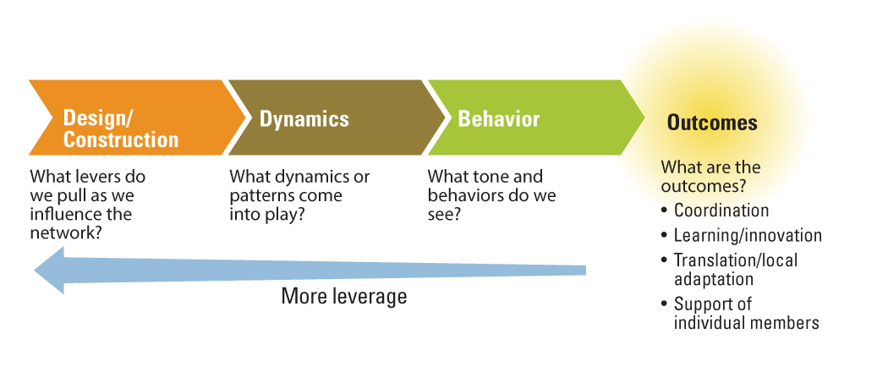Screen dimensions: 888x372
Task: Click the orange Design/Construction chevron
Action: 136,118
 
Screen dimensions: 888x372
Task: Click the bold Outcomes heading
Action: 712,123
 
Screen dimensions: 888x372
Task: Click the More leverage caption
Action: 343,296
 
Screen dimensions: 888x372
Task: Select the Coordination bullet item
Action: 721,211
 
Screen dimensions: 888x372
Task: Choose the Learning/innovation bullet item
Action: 748,236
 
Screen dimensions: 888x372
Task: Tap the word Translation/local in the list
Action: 735,260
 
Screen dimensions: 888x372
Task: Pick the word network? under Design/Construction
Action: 66,232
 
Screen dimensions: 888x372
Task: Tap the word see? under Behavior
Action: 444,215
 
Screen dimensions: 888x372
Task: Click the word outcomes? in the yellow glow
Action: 702,186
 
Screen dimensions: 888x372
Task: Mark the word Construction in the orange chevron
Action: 121,139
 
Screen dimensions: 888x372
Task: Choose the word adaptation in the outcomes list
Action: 714,280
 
